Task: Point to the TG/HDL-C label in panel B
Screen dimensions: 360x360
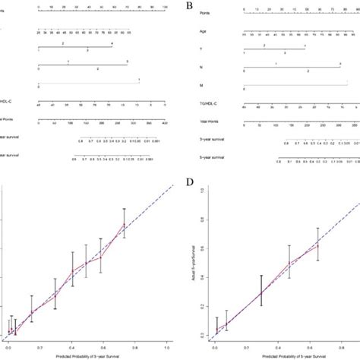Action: [204, 105]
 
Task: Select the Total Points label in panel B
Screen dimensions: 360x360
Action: [204, 122]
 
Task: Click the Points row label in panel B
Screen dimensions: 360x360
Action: [201, 14]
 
